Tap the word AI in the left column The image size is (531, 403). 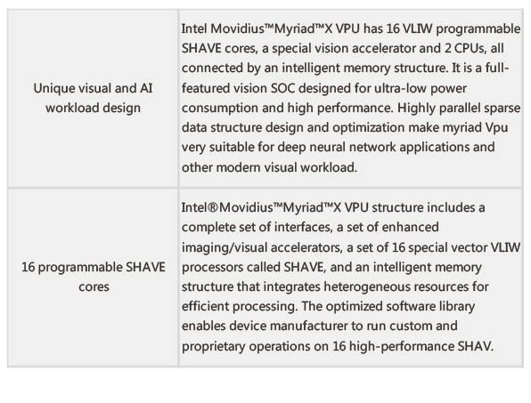[x=146, y=88]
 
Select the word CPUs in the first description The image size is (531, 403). [x=469, y=48]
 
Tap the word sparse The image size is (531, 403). [x=502, y=109]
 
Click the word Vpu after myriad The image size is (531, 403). [x=496, y=128]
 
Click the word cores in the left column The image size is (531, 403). [x=94, y=287]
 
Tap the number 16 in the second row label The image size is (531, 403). [x=29, y=267]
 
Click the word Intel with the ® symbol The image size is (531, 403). [x=200, y=207]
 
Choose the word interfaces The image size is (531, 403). [x=303, y=227]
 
